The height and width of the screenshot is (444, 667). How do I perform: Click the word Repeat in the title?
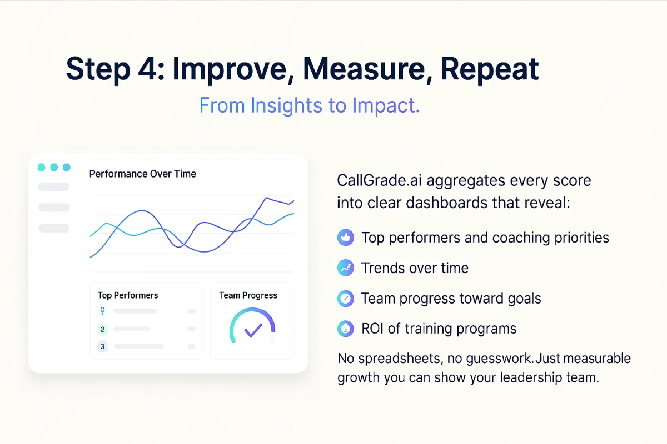[x=490, y=69]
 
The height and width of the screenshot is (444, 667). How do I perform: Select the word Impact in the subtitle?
[x=386, y=106]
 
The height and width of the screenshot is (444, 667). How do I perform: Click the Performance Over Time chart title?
[x=143, y=174]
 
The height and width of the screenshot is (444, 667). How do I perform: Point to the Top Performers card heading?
[x=128, y=295]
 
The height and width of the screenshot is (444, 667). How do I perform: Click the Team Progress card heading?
[x=248, y=295]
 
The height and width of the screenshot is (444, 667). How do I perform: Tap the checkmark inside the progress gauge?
[x=253, y=330]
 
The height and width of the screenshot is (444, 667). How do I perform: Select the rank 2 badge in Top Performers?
[x=102, y=329]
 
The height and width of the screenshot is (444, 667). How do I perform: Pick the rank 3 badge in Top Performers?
[x=102, y=346]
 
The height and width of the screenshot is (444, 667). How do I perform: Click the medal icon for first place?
[x=102, y=311]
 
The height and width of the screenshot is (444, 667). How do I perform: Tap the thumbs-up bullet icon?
[x=346, y=238]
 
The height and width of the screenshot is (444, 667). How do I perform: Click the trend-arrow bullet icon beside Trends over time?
[x=346, y=268]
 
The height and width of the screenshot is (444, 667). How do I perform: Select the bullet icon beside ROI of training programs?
[x=346, y=329]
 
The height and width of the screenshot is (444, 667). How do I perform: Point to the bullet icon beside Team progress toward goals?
[x=346, y=298]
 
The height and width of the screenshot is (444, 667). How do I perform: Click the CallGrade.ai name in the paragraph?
[x=379, y=180]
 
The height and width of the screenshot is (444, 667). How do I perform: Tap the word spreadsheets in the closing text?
[x=399, y=359]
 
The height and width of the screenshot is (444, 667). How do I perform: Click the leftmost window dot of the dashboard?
[x=41, y=167]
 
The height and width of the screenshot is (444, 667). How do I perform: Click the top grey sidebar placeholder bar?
[x=54, y=187]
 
